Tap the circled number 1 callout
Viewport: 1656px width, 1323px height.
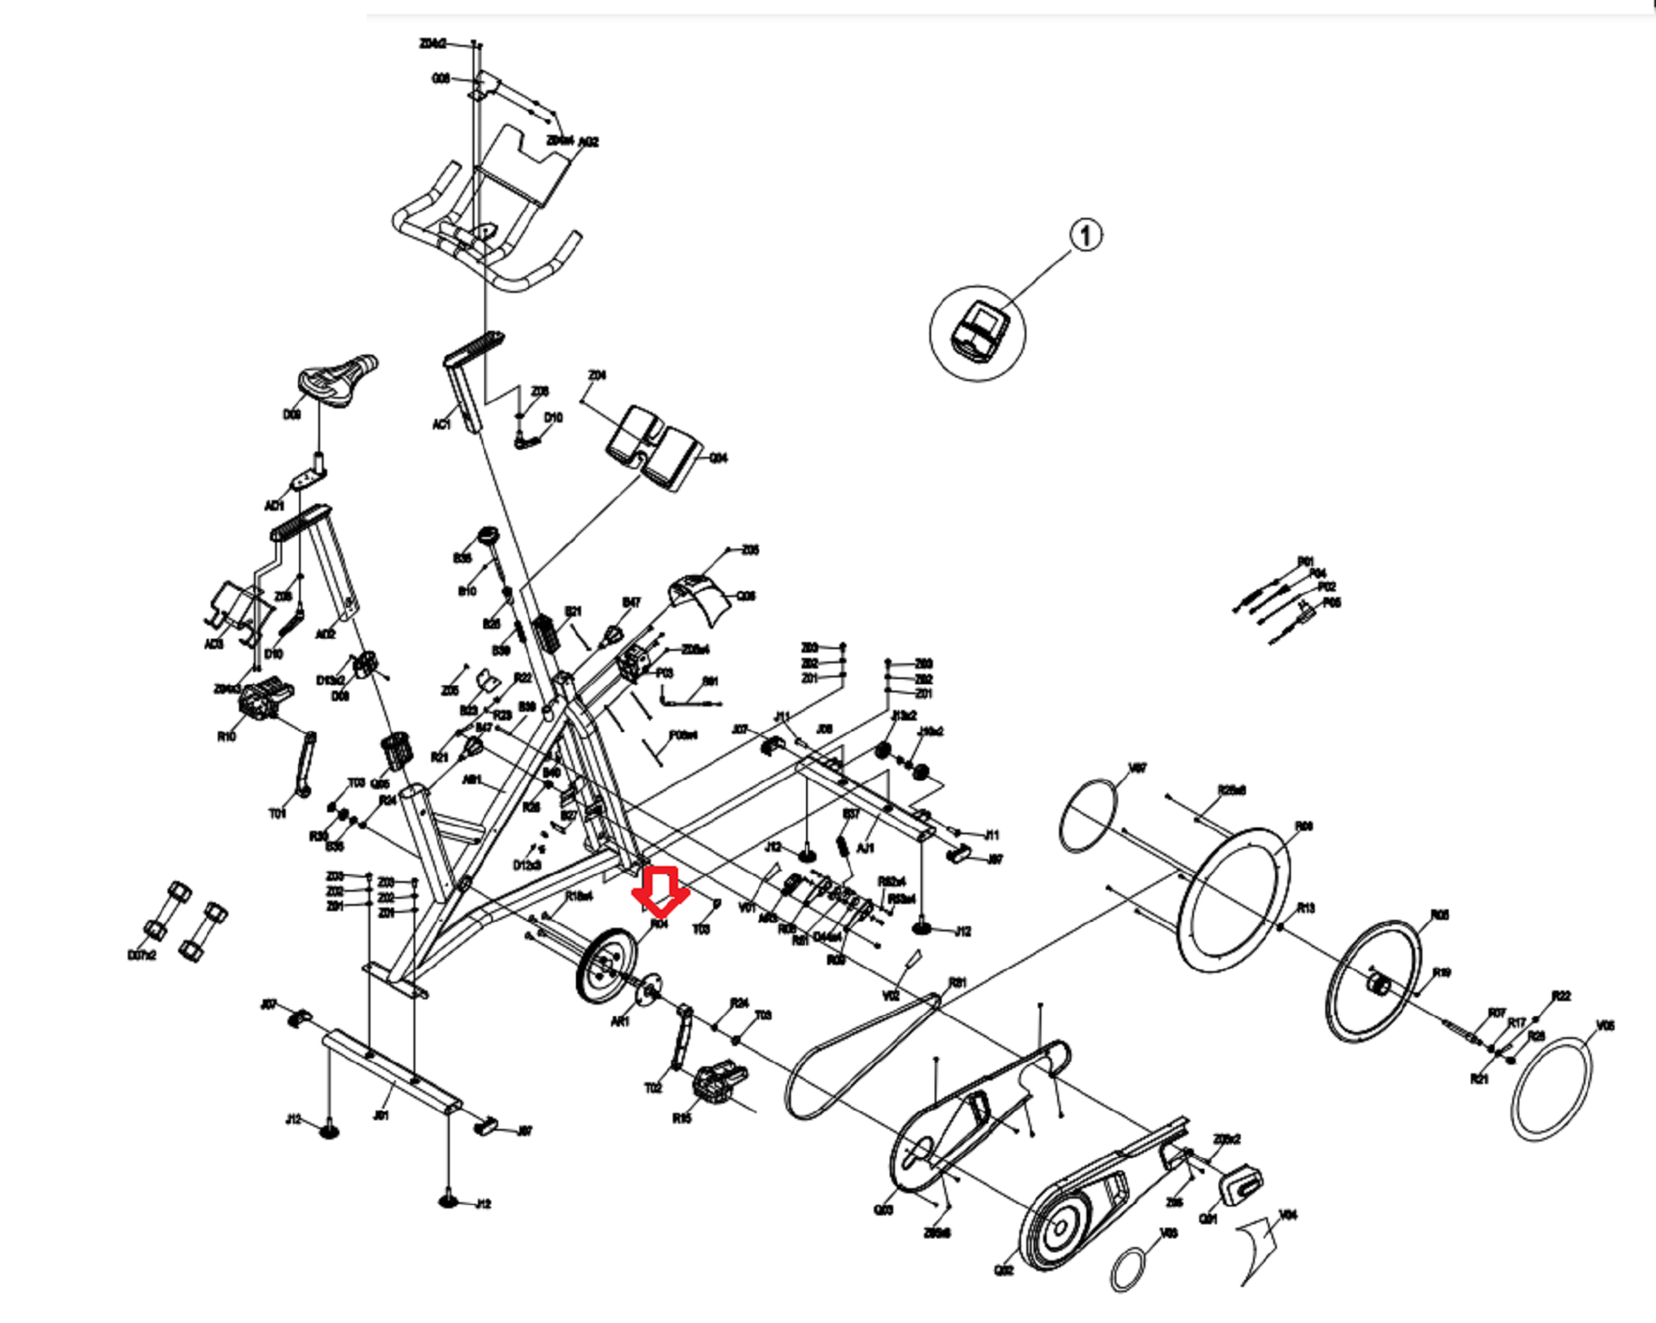tap(1085, 235)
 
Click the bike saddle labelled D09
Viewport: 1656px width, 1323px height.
tap(337, 377)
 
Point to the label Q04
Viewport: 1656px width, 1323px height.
tap(719, 458)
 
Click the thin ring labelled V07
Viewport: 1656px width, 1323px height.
tap(1088, 815)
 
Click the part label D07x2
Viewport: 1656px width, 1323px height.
tap(142, 956)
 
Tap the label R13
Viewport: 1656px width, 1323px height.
tap(1305, 908)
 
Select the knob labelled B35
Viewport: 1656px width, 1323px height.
tap(488, 537)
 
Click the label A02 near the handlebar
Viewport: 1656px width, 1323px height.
tap(588, 142)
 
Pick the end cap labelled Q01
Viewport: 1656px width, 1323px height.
tap(1242, 1182)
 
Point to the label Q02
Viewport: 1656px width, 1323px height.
tap(1003, 1269)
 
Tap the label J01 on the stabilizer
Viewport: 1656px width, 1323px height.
tap(381, 1115)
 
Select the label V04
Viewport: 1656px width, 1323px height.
tap(1288, 1215)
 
